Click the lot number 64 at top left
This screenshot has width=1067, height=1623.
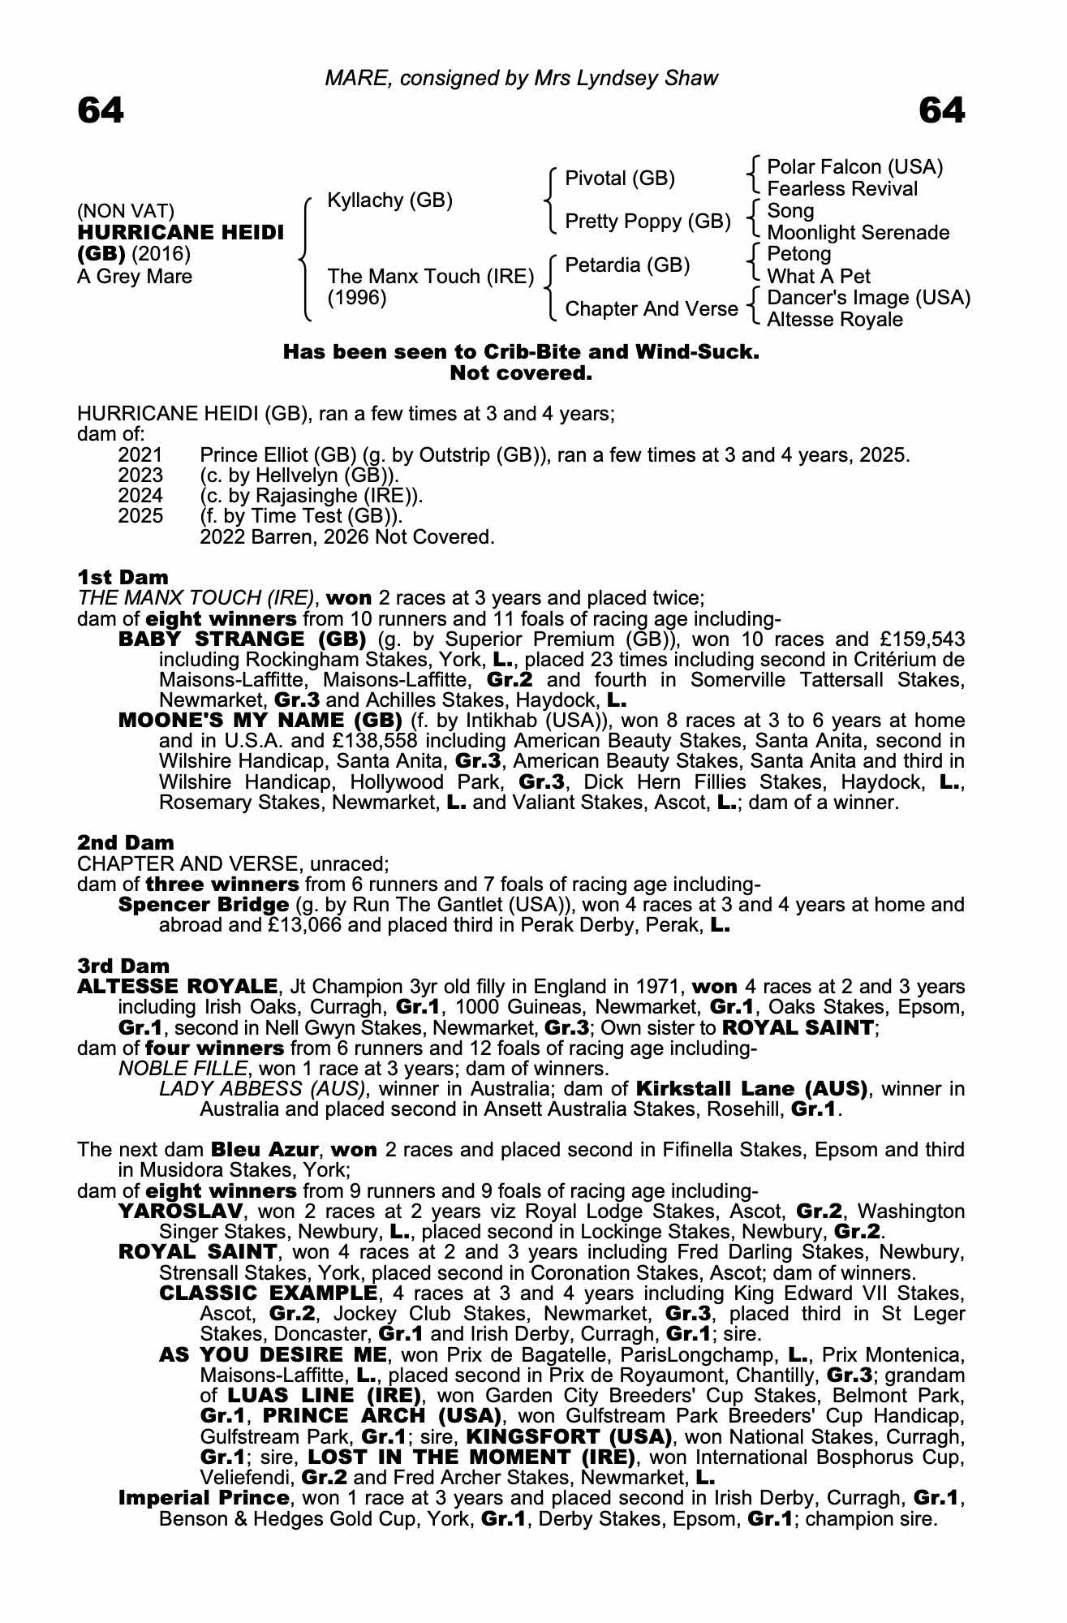coord(101,110)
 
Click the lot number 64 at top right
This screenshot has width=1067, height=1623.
coord(942,110)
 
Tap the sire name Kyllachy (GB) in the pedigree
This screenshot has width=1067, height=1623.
coord(389,200)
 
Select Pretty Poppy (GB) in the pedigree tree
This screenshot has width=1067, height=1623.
coord(648,222)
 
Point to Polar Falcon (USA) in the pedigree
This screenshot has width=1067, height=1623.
coord(854,167)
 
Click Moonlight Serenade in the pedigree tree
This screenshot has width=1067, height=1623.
coord(858,233)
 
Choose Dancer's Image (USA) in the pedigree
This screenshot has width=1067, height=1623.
coord(868,298)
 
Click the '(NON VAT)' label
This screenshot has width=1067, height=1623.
coord(126,212)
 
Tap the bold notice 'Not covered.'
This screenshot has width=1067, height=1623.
coord(521,374)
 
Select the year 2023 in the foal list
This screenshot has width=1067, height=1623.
coord(140,476)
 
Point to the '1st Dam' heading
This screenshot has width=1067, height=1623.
coord(123,577)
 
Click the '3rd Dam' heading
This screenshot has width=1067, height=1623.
coord(123,966)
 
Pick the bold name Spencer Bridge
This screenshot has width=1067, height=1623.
coord(204,905)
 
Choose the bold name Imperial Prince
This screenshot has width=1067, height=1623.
coord(204,1498)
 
